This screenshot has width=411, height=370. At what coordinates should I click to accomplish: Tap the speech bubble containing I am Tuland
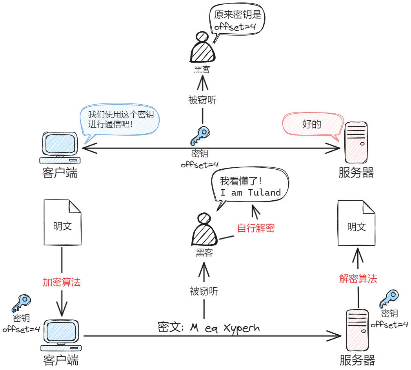250,187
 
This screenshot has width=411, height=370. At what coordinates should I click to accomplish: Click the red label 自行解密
256,228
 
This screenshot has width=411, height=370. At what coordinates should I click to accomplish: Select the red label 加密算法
62,282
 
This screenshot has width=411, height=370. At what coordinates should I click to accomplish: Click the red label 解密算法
358,279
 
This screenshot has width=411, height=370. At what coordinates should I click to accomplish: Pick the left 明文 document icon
62,222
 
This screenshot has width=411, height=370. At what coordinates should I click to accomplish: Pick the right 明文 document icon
356,223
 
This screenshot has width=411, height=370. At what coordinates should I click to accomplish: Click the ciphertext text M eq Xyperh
225,328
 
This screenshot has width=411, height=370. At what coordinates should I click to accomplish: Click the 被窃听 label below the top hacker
202,100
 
